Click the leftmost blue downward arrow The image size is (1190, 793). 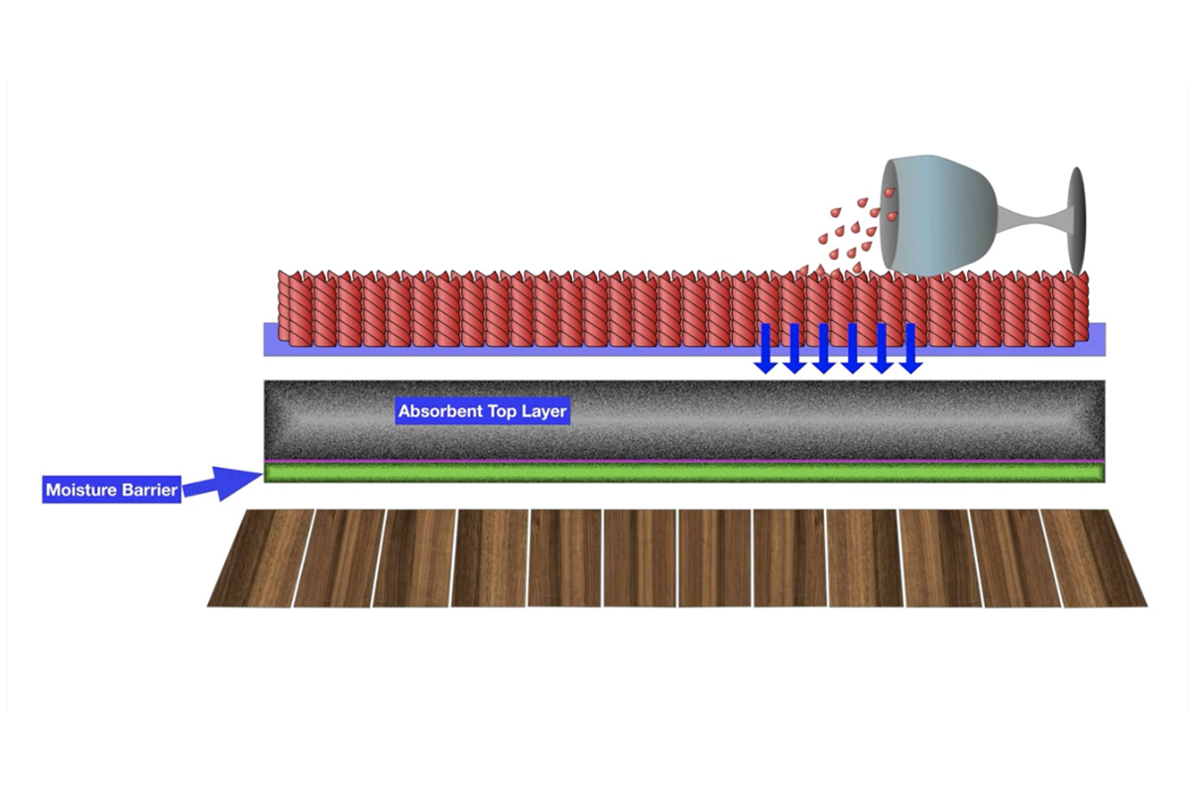click(765, 348)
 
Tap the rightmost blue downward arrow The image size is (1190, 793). click(910, 348)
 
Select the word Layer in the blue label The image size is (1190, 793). click(544, 411)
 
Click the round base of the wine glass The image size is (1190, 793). click(1077, 220)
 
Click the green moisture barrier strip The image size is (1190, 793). click(684, 474)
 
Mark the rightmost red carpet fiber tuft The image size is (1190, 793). click(1080, 309)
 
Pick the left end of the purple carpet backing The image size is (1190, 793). click(271, 338)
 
